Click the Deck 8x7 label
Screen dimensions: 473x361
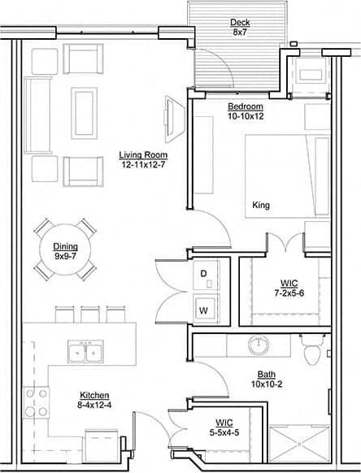click(240, 28)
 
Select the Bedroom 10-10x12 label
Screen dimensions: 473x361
click(245, 111)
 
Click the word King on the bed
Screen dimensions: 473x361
click(261, 205)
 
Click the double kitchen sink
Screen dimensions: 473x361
click(84, 353)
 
